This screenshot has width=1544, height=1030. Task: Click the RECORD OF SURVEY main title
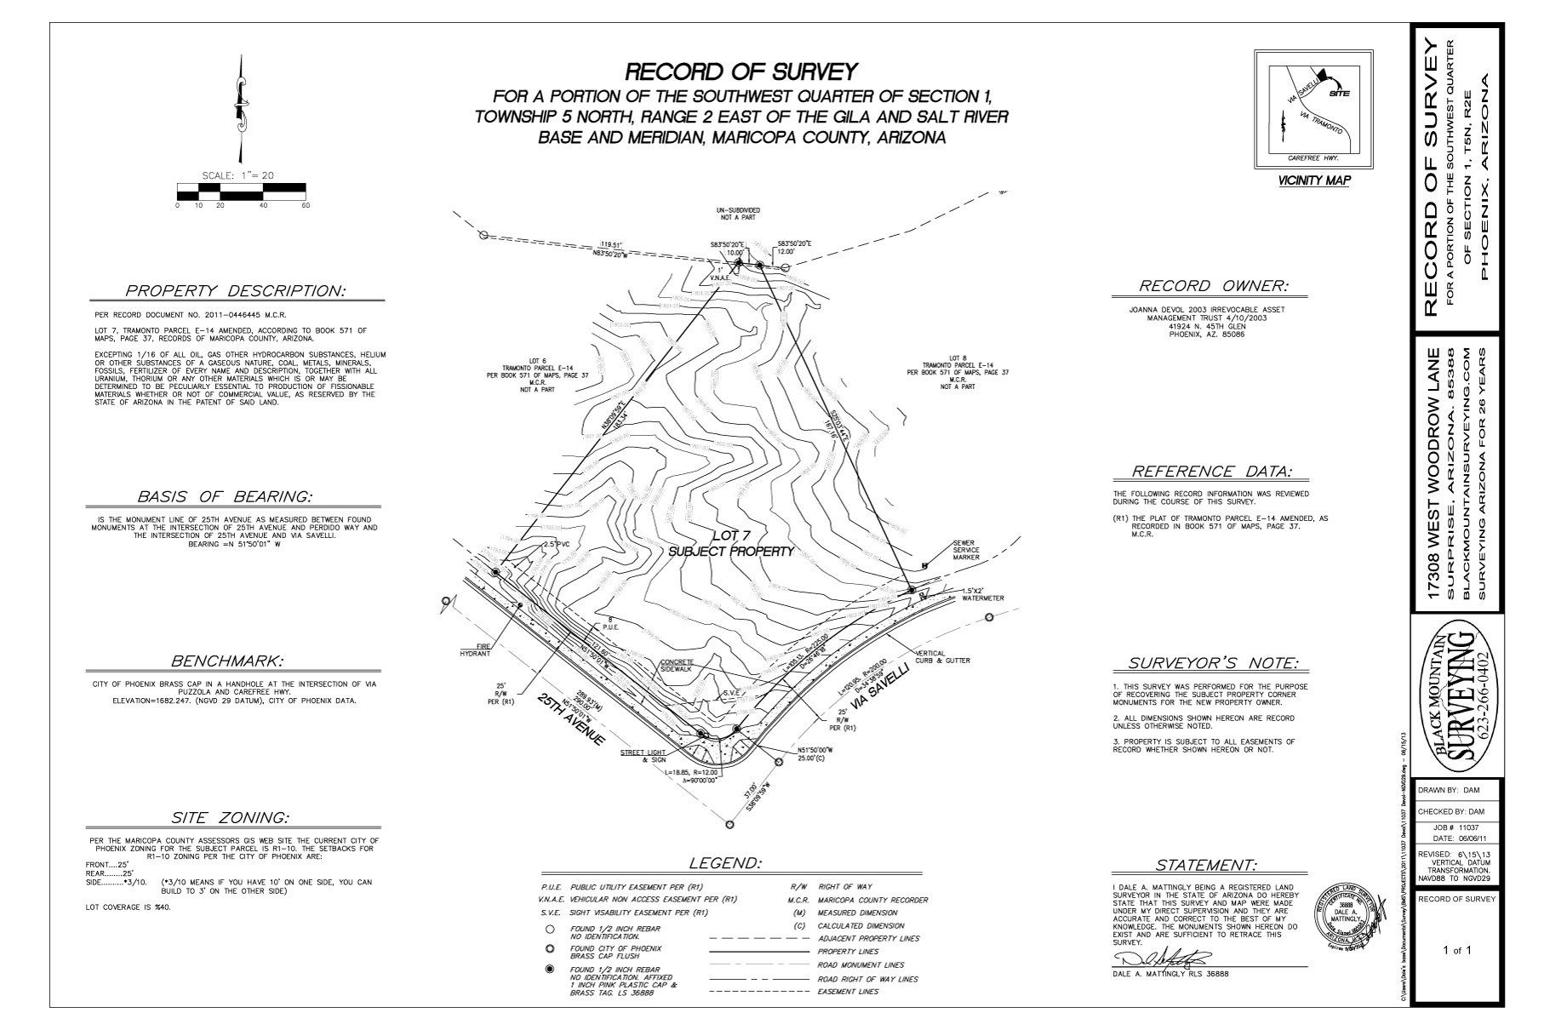(x=741, y=70)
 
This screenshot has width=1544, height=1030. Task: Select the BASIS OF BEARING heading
(x=225, y=496)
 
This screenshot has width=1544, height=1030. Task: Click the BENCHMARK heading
(x=227, y=661)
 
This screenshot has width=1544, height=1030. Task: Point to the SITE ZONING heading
(x=230, y=818)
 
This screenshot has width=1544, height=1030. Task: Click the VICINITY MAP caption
(x=1313, y=180)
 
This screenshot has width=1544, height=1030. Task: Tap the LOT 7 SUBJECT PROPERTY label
(x=731, y=542)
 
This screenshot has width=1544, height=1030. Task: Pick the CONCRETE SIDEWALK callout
(x=677, y=666)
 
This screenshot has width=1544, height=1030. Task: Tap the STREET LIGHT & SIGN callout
(x=645, y=757)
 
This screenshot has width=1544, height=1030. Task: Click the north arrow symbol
(x=242, y=106)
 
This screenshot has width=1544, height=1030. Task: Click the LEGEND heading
(x=724, y=863)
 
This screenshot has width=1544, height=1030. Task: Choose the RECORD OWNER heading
(x=1214, y=286)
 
